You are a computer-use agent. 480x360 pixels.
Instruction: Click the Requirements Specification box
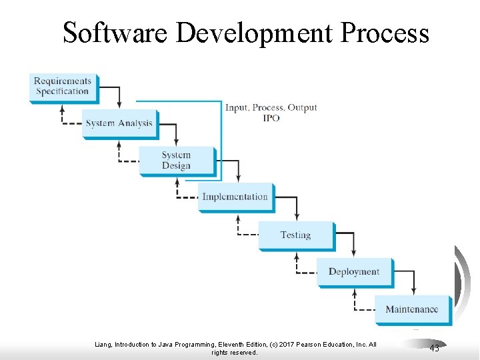pos(63,87)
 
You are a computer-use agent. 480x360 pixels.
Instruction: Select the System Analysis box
pos(119,123)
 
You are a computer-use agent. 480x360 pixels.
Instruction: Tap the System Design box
pos(177,161)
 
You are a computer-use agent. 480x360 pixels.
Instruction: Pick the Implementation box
pos(235,197)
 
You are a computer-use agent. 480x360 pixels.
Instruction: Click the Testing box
pos(295,235)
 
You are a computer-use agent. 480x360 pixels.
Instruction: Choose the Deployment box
pos(354,272)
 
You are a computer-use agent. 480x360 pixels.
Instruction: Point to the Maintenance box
pos(412,309)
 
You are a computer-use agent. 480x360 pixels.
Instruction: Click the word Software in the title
pos(115,32)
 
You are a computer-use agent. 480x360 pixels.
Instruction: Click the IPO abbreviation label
pos(271,118)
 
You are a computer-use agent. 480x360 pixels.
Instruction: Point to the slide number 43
pos(435,348)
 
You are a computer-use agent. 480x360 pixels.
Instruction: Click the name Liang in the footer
pos(105,345)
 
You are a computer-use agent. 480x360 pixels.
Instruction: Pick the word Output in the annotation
pos(303,108)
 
